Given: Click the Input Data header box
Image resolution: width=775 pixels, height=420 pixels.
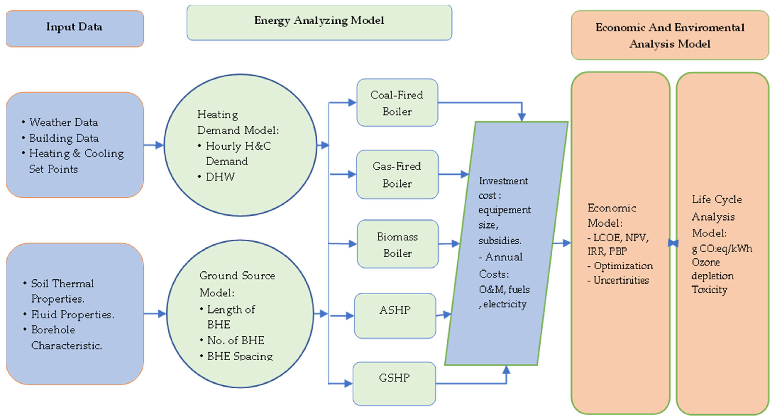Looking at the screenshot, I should click(x=75, y=29).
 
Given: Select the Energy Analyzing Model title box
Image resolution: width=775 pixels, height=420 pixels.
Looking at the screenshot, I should click(x=319, y=22).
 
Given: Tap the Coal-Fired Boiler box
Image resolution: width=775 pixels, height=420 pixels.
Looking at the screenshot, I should click(x=397, y=103).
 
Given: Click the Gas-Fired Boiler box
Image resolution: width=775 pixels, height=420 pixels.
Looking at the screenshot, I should click(x=397, y=174).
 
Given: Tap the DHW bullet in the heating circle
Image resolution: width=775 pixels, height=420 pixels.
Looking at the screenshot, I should click(x=220, y=177).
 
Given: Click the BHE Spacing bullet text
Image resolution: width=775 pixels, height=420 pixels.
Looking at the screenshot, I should click(x=240, y=356).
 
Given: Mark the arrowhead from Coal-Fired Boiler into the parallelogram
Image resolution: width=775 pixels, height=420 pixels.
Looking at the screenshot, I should click(x=522, y=117).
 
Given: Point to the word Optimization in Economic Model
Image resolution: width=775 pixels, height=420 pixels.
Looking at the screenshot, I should click(x=623, y=266).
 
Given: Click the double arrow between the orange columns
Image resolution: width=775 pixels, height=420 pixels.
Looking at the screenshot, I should click(x=673, y=243).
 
